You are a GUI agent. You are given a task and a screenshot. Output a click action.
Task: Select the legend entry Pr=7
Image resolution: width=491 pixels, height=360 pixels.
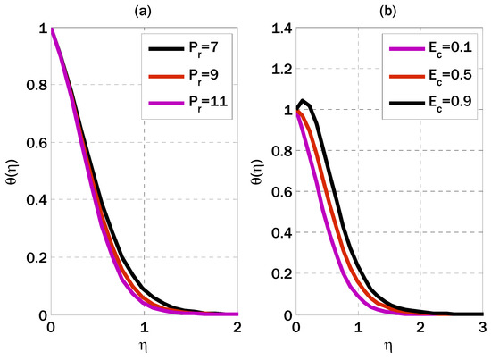tap(192, 47)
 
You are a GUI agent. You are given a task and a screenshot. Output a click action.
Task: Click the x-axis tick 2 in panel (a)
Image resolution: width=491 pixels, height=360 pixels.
tap(237, 328)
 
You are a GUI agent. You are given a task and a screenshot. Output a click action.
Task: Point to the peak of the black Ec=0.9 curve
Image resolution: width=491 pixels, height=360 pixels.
tap(304, 101)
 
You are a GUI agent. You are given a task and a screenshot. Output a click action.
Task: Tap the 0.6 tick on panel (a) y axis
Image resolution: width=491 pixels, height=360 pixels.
tap(34, 144)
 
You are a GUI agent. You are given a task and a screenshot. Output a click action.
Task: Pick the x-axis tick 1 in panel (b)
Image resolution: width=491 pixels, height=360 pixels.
tap(359, 328)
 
